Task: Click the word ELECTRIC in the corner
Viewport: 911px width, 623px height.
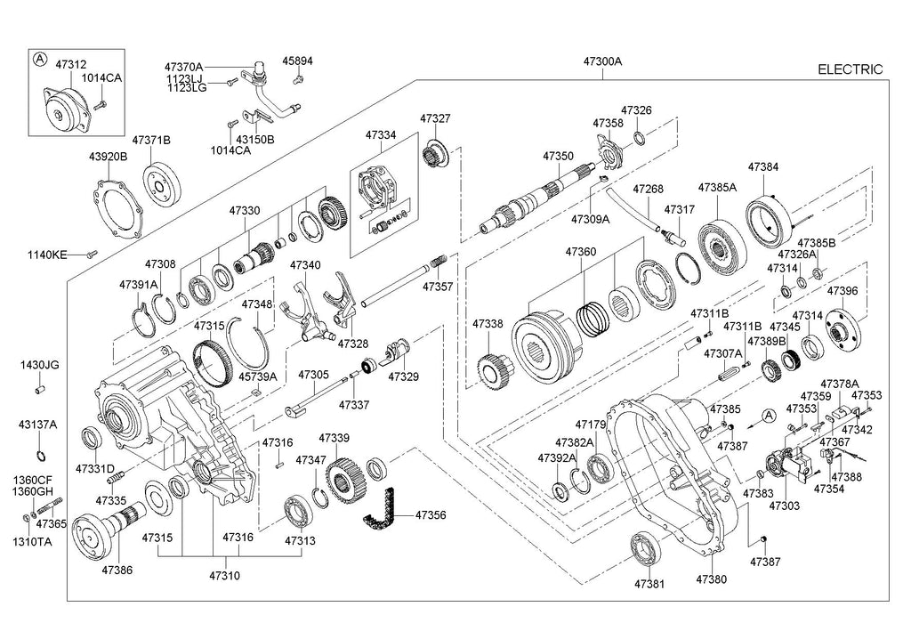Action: (x=850, y=69)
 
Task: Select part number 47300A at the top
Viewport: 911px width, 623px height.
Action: (x=602, y=62)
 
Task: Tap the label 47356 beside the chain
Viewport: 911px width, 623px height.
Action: (x=430, y=515)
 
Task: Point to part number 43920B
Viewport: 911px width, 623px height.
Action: (x=108, y=157)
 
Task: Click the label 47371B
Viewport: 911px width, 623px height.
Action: (x=151, y=141)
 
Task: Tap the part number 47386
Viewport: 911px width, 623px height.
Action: (x=117, y=569)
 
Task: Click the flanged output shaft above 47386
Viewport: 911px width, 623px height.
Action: (x=103, y=530)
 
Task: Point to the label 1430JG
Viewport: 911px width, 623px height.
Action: (x=40, y=365)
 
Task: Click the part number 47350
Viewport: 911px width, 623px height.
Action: (x=558, y=156)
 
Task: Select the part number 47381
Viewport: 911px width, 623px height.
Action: (x=649, y=584)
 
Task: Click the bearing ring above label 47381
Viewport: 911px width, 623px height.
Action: (x=645, y=546)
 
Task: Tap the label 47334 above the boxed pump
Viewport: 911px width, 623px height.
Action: (x=381, y=135)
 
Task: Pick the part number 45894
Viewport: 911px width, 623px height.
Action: (x=298, y=61)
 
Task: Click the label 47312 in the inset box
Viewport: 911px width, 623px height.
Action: (x=71, y=65)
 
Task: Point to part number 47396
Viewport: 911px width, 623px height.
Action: (x=842, y=291)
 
